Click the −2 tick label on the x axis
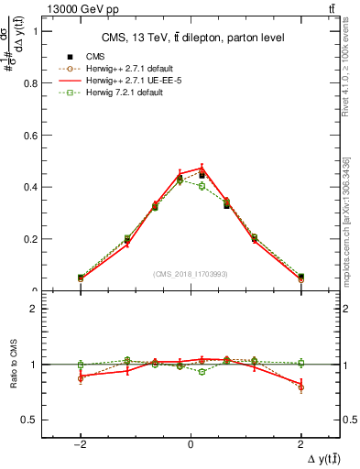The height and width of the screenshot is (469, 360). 81,443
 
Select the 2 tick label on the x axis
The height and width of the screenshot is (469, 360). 300,443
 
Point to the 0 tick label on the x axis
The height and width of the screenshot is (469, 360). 191,443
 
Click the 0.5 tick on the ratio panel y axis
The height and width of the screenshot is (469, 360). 31,420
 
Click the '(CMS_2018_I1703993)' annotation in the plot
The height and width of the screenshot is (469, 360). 191,274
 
